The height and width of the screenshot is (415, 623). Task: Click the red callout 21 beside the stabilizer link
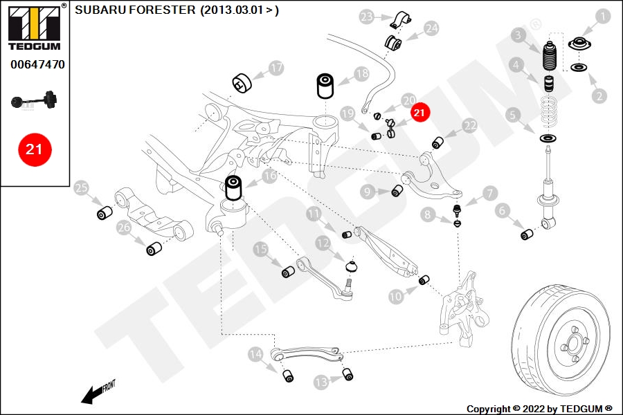tap(419, 113)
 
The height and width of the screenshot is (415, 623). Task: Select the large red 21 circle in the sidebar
tap(35, 149)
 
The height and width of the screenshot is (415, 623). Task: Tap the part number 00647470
tap(38, 64)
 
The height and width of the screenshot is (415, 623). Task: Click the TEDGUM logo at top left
tap(35, 27)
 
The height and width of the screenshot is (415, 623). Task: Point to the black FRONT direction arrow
tap(98, 392)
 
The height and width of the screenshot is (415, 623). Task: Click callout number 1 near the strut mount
tap(603, 17)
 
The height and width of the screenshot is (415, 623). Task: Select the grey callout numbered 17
tap(276, 68)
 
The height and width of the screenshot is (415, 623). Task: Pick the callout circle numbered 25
tap(82, 187)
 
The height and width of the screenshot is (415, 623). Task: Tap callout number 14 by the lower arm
tap(255, 354)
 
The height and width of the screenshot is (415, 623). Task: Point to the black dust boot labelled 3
tap(549, 56)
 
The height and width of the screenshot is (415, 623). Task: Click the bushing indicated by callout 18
tap(325, 85)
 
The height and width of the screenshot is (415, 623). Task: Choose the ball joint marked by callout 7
tap(458, 210)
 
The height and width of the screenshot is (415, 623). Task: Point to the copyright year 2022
tap(534, 409)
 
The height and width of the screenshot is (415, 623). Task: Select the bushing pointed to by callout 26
tap(154, 248)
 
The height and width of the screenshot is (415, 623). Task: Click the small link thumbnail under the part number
tap(34, 100)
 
